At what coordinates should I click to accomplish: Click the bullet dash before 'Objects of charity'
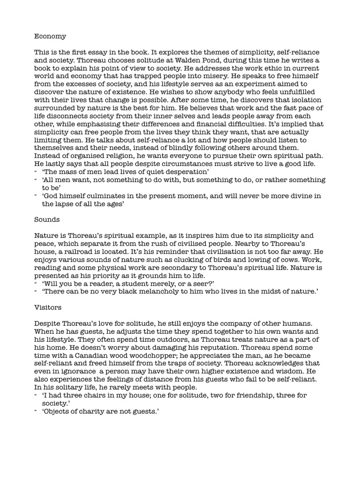coord(37,411)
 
